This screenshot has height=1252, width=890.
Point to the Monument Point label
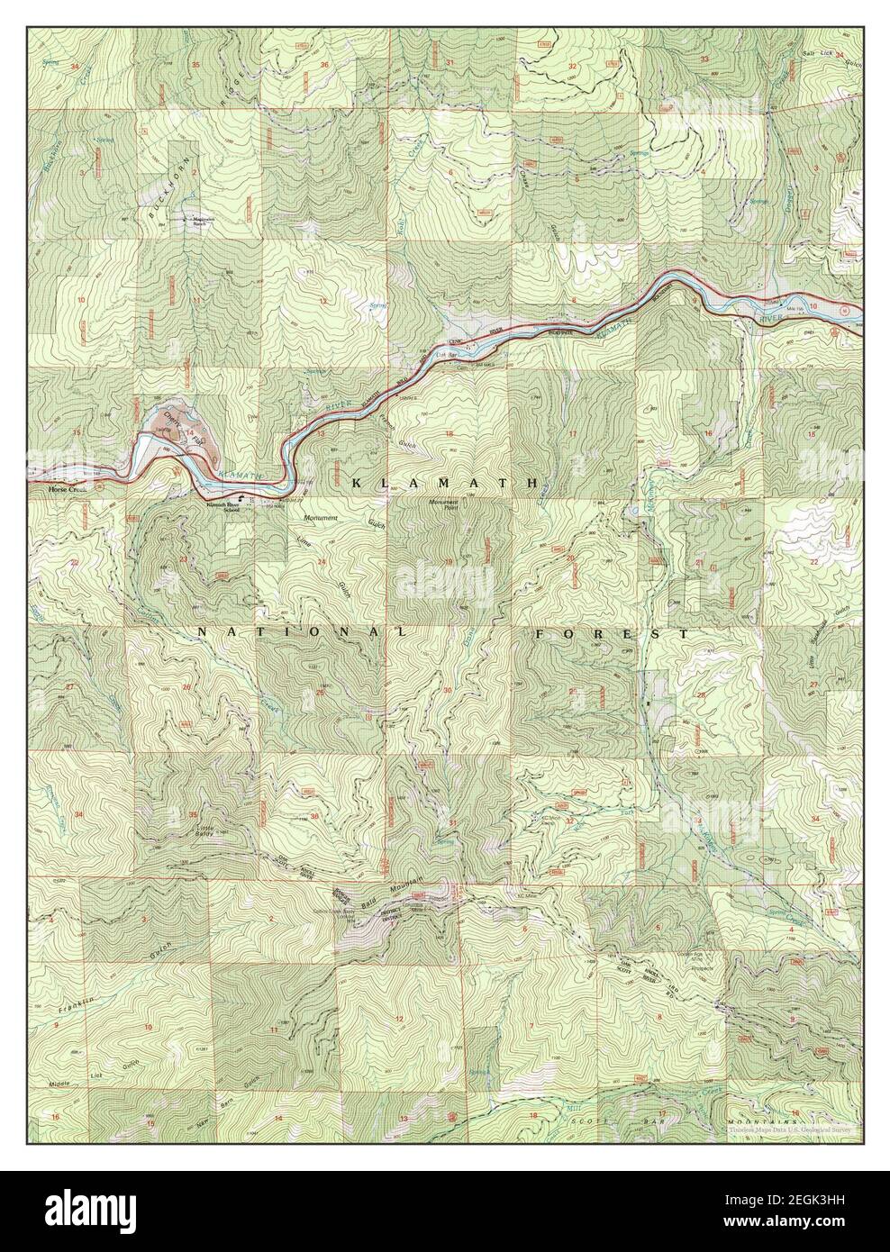tap(447, 507)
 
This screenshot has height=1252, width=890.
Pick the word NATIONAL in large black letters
tap(302, 633)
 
